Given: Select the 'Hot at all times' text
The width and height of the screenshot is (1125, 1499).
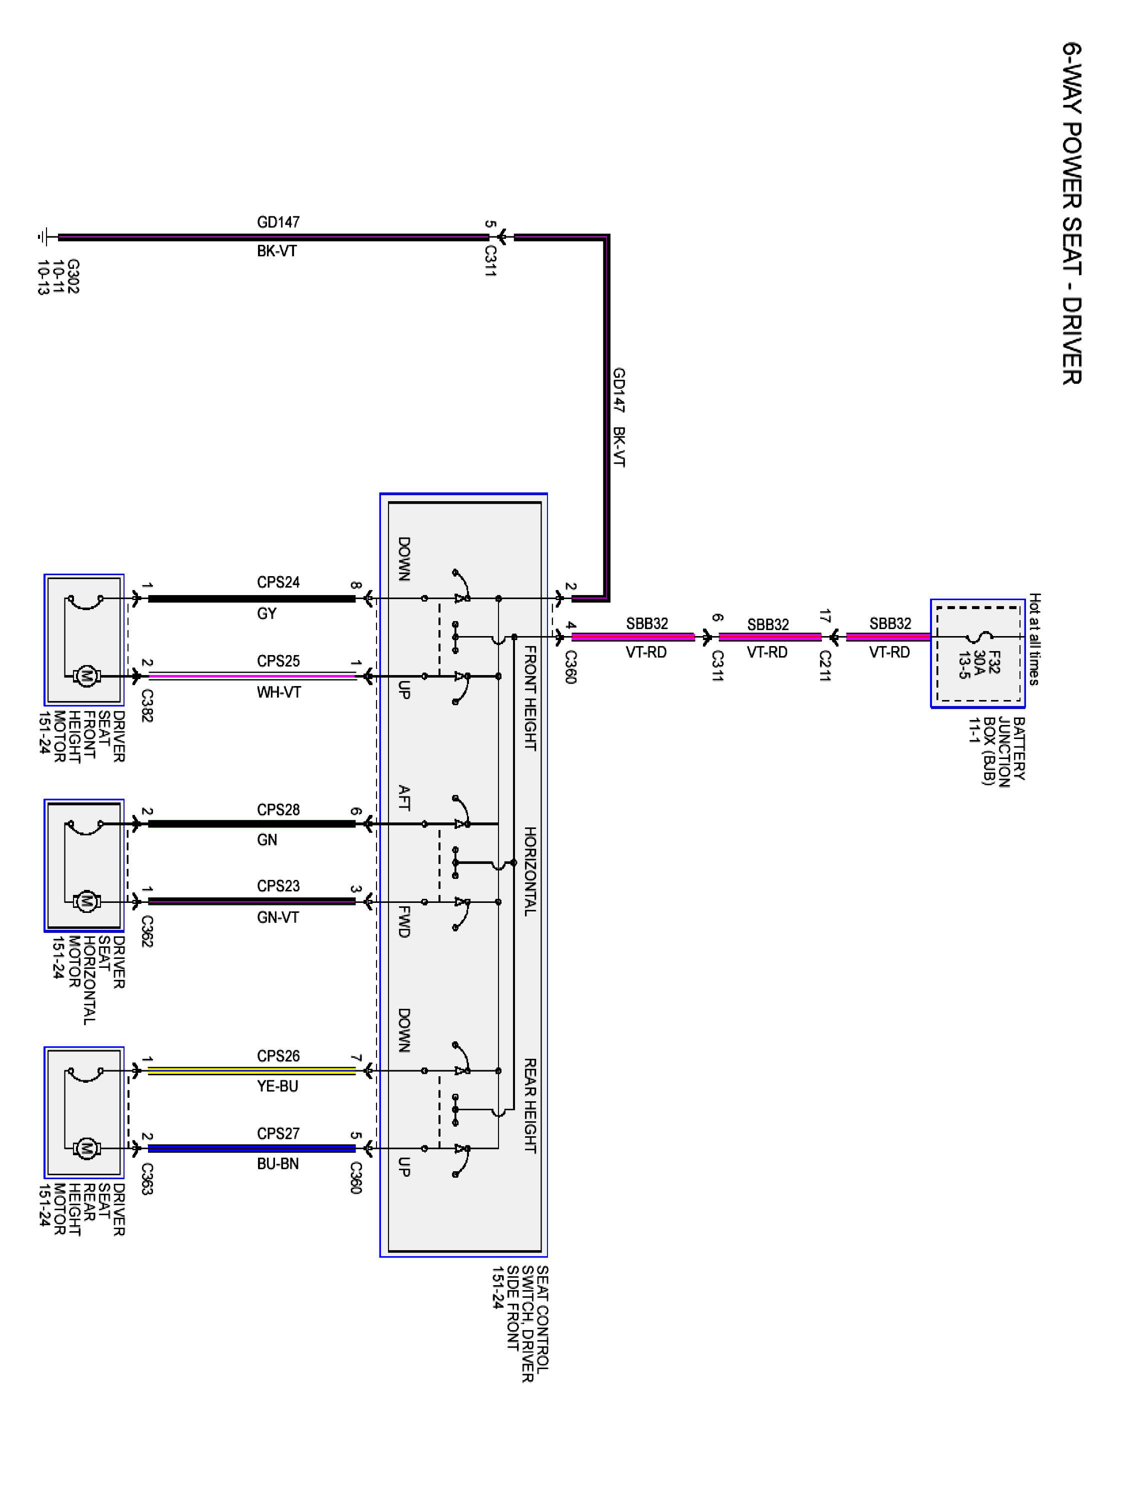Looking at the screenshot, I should coord(1034,639).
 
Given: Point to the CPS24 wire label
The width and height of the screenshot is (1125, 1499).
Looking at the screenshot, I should coord(278,582).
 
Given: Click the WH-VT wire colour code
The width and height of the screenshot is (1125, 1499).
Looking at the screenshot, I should coord(278,693).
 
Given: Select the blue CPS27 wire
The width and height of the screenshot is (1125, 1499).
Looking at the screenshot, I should coord(251,1148).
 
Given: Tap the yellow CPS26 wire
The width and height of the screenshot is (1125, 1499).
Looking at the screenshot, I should coord(251,1071).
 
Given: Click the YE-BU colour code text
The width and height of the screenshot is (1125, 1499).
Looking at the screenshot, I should coord(277,1086).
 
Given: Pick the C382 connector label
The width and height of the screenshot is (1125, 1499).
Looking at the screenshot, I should coord(147,706).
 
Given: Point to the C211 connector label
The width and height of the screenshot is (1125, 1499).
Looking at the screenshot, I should coord(824,666).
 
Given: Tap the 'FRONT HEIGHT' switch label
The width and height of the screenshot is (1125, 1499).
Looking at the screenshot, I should coord(530,698).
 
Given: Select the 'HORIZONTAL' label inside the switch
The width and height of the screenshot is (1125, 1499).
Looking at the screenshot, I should coord(530,871).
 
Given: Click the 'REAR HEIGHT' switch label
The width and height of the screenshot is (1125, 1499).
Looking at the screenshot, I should coord(530,1105).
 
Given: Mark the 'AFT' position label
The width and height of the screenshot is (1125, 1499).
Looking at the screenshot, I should coord(403,797).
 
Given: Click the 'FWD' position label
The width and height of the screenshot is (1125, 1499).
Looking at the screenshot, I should coord(403,921).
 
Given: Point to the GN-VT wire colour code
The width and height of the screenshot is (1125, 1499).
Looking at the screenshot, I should coord(278,917).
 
